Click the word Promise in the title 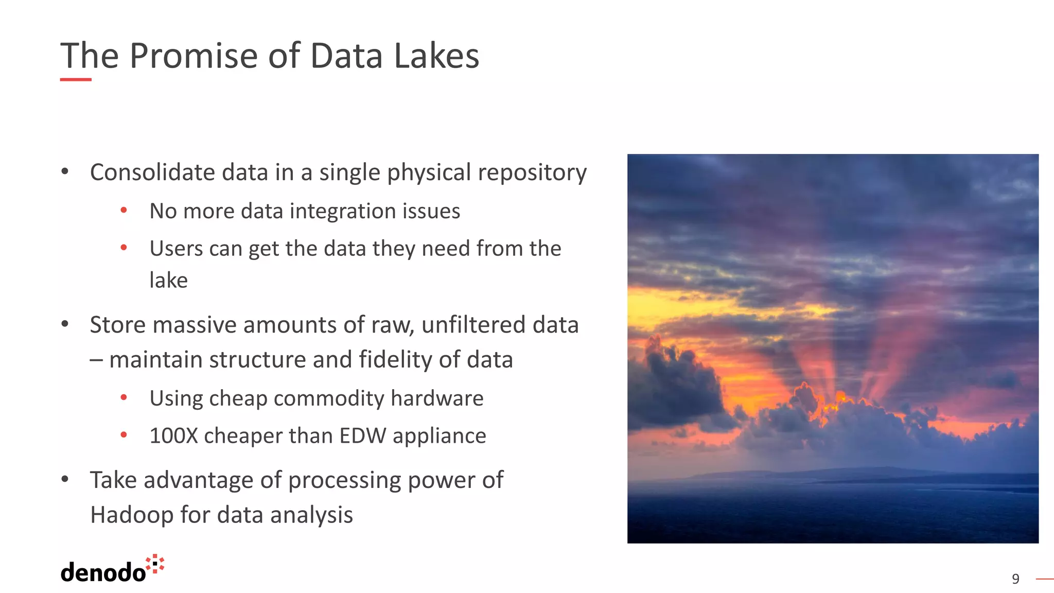coord(193,56)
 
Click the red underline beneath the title coord(76,79)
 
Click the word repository coord(532,173)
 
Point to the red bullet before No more coord(124,210)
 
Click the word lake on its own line coord(168,281)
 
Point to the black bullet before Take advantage coord(65,479)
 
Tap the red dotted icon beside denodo coord(155,564)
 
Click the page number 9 coord(1015,579)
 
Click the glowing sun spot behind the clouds coord(840,397)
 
